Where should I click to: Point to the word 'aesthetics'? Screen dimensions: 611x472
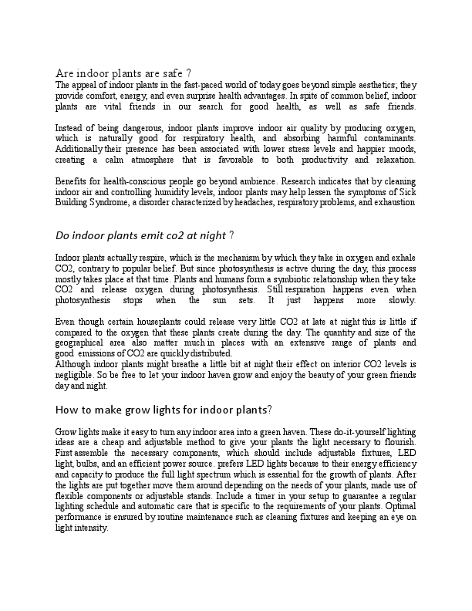coord(359,85)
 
